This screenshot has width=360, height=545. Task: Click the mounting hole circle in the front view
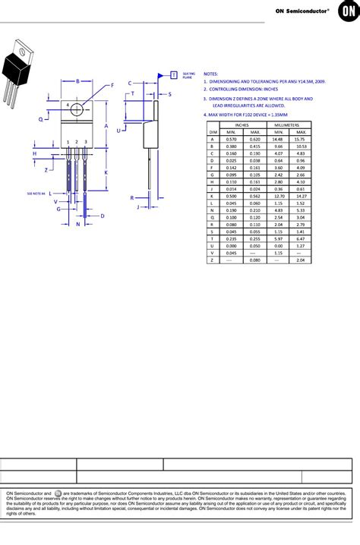click(x=77, y=109)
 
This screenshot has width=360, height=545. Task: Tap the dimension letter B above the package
click(x=77, y=81)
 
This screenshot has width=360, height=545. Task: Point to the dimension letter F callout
click(x=112, y=86)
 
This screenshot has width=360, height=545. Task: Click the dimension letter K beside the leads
click(x=106, y=172)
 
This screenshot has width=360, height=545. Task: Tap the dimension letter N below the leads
click(x=77, y=224)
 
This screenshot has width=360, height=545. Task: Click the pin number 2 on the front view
click(x=77, y=142)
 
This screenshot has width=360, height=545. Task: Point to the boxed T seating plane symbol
click(x=173, y=74)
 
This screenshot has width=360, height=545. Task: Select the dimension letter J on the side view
click(x=137, y=206)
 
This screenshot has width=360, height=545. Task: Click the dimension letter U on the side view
click(x=118, y=131)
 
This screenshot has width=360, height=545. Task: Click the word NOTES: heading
click(x=211, y=74)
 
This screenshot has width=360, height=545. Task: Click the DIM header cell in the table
click(x=212, y=132)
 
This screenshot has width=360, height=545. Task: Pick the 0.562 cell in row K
click(x=254, y=195)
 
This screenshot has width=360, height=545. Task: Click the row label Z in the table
click(x=212, y=260)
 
